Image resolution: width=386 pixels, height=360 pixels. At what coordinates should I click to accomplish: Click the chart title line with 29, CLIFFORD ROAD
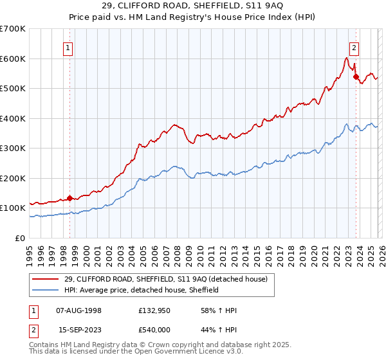click(193, 5)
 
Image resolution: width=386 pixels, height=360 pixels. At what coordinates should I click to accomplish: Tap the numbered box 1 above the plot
click(69, 46)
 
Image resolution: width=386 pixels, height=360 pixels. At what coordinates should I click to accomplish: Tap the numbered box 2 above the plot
click(354, 46)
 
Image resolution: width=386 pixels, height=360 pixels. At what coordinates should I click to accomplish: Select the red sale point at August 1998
click(69, 198)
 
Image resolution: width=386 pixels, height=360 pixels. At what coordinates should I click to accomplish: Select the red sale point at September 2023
click(356, 76)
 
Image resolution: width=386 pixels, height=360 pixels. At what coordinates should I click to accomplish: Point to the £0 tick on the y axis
click(19, 238)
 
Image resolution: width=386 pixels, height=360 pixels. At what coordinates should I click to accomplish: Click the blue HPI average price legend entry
click(142, 290)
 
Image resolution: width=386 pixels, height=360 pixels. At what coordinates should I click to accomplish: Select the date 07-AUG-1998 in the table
click(79, 310)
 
